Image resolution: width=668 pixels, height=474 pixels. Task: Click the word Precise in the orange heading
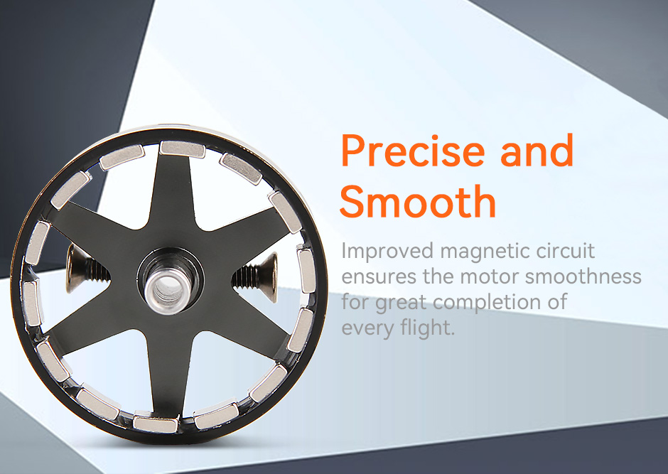[413, 151]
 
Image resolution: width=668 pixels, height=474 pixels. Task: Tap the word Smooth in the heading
[418, 201]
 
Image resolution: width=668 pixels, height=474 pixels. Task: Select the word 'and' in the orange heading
[537, 150]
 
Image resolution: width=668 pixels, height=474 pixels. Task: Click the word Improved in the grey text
[387, 252]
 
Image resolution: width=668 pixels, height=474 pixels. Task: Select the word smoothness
[583, 276]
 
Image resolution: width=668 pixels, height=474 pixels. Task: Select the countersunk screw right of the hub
[256, 276]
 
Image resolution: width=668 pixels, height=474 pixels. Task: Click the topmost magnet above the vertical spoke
[183, 149]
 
